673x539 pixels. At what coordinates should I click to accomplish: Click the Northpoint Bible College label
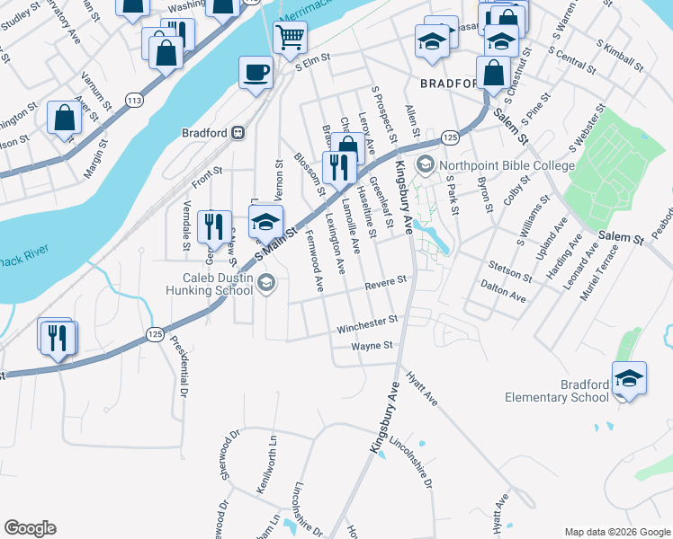pyautogui.click(x=506, y=165)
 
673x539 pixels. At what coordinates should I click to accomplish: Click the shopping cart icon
pyautogui.click(x=290, y=38)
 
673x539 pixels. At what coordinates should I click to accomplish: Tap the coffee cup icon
pyautogui.click(x=256, y=71)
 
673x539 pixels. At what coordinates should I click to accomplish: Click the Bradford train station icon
pyautogui.click(x=238, y=132)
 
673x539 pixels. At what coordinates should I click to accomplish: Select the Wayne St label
pyautogui.click(x=372, y=345)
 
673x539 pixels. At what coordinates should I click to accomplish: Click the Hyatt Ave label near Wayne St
pyautogui.click(x=420, y=389)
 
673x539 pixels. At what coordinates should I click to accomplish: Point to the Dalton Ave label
pyautogui.click(x=504, y=288)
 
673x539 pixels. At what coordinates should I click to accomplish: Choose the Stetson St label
pyautogui.click(x=510, y=268)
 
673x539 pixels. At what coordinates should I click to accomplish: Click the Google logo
pyautogui.click(x=30, y=528)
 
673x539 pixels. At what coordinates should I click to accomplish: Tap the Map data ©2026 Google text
pyautogui.click(x=616, y=532)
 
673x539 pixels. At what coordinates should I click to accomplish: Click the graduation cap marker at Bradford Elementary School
pyautogui.click(x=629, y=377)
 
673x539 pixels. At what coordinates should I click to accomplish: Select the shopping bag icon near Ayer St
pyautogui.click(x=64, y=118)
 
